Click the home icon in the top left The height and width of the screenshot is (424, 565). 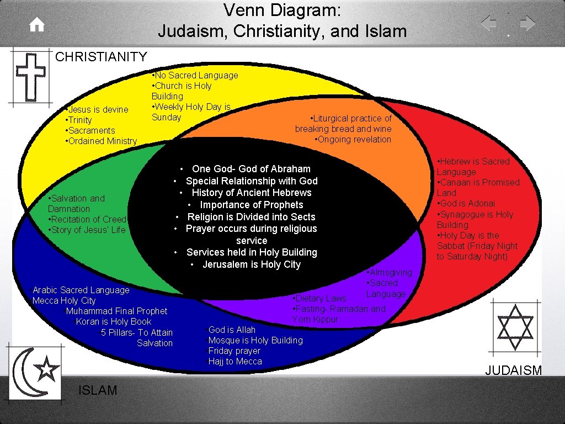coord(37,25)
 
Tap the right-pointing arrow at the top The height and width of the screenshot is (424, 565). coord(527,24)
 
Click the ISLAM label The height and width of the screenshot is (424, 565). coord(98,390)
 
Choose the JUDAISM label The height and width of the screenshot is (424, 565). coord(513,370)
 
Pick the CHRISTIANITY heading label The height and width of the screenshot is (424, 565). coord(102,56)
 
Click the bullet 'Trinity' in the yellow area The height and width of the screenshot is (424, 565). coord(80,120)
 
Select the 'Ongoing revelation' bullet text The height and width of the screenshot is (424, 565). coord(354,139)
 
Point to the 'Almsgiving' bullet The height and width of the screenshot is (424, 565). coord(390,272)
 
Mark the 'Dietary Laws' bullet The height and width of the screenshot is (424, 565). coord(321,298)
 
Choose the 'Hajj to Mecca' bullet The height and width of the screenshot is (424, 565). coord(235,362)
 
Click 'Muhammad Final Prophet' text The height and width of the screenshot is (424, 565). coord(116,311)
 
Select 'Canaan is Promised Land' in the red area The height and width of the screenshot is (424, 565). coord(478,187)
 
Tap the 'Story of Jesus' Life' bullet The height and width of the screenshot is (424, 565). coord(88,230)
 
